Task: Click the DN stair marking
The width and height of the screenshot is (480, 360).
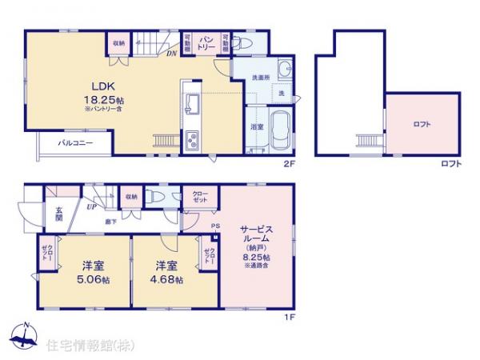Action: coord(171,55)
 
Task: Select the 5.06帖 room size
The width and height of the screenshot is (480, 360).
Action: coord(87,279)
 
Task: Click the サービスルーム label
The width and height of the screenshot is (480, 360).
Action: coord(257,234)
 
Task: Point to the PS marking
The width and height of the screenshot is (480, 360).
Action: coord(214,226)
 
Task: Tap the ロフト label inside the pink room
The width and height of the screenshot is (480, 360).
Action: coord(422,124)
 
